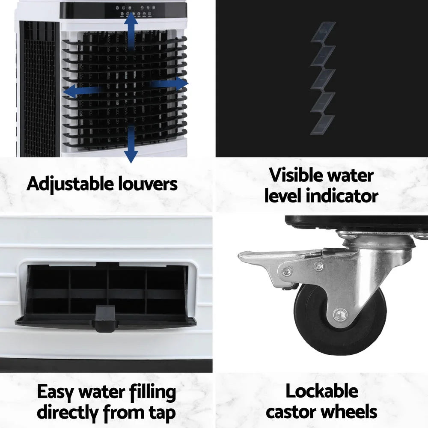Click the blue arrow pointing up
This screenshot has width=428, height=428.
tap(131, 30)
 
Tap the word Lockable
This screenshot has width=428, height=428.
tap(321, 391)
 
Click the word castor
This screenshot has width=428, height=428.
tap(291, 412)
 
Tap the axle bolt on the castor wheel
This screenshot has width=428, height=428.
tap(340, 315)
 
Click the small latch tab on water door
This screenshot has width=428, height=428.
tap(105, 319)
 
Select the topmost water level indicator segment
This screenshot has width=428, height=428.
tap(323, 32)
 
